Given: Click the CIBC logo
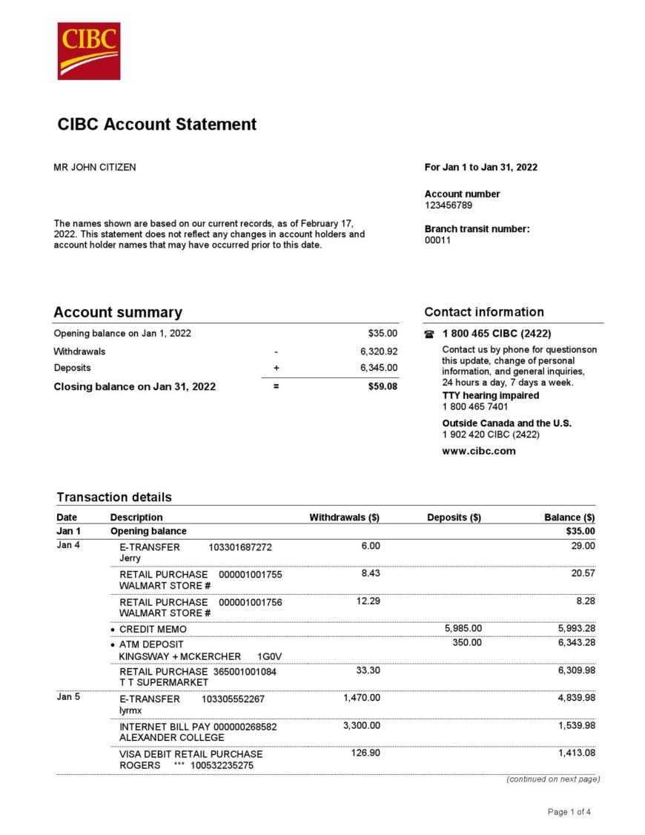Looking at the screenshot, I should tap(89, 50).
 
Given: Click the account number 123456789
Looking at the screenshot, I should tap(449, 205).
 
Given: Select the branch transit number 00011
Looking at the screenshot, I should tap(437, 240).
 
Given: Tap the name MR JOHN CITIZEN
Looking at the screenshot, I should tap(95, 168).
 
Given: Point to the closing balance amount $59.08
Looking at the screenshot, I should tap(383, 386).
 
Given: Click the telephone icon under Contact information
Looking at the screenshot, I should tap(429, 334).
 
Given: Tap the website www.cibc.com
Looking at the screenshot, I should tap(479, 451).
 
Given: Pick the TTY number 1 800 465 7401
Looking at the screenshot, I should tap(475, 406).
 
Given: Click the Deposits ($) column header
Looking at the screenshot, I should tap(454, 518).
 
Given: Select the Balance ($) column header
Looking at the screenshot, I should tap(569, 518).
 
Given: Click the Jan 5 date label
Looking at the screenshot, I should tap(67, 698).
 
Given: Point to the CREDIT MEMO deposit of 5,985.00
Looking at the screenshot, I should tap(463, 629).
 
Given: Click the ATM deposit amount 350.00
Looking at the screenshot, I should tap(467, 642).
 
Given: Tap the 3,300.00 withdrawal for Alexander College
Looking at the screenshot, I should tap(361, 726).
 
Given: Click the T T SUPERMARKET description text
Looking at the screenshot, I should tap(163, 682).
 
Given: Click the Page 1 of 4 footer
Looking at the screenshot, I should tap(569, 812).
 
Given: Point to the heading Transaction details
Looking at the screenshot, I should tap(114, 497).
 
